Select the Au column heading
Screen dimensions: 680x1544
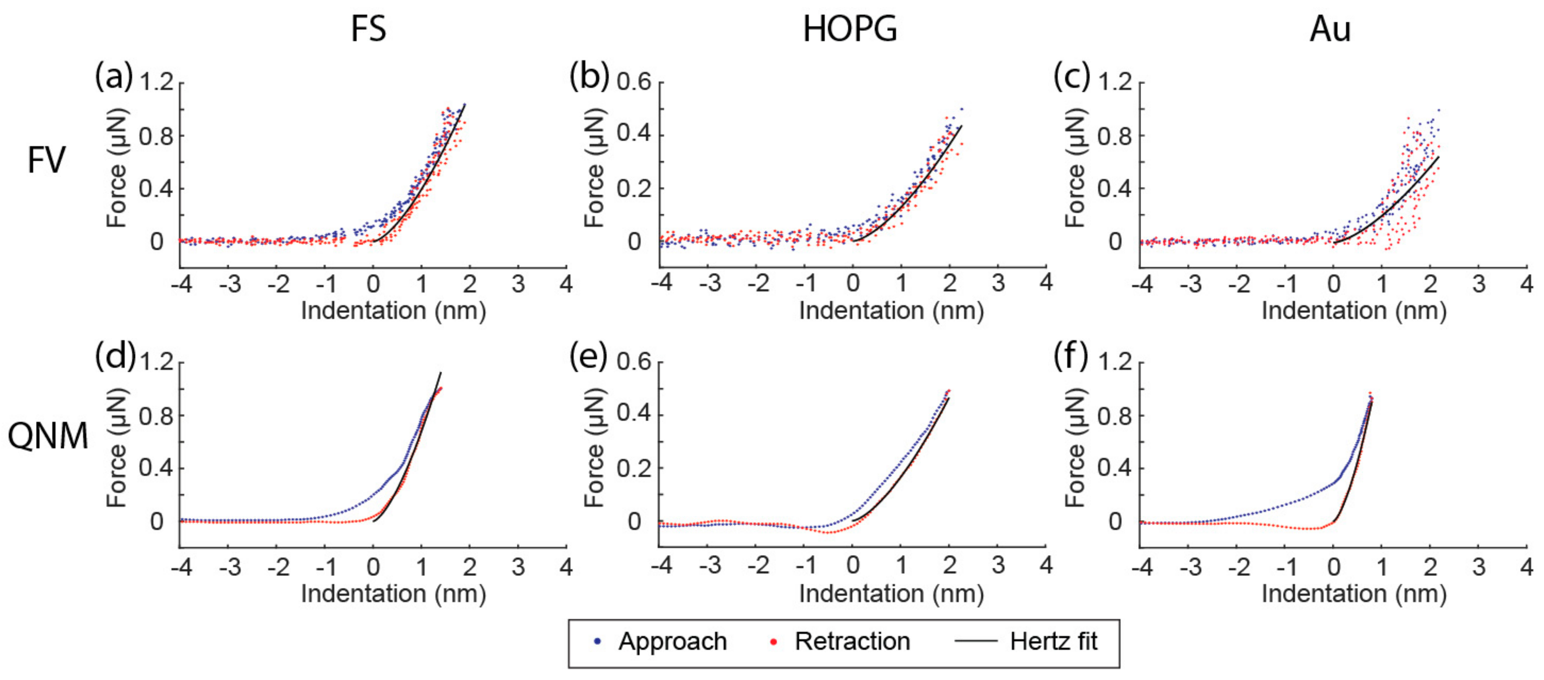click(1330, 29)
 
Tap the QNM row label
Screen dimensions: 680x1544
click(47, 436)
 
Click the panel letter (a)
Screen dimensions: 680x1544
click(113, 77)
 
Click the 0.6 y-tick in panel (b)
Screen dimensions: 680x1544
click(634, 82)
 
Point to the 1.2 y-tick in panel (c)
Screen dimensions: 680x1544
click(1115, 82)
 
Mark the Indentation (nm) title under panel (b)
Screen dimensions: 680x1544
click(891, 311)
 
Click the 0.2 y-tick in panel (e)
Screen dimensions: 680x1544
click(634, 468)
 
